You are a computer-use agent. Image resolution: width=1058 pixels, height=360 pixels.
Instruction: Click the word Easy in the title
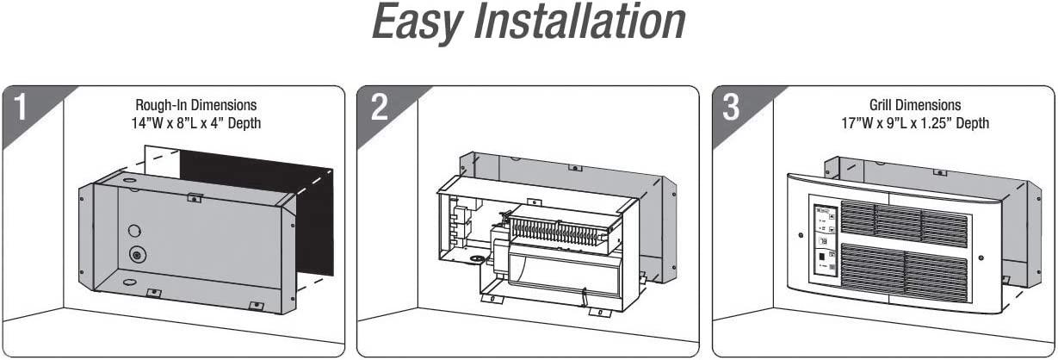point(417,23)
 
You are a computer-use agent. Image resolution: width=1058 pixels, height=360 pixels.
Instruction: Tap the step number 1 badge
point(21,108)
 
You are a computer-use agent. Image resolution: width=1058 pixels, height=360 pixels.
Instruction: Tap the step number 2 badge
point(380,108)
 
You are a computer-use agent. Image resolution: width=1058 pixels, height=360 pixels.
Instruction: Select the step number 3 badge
point(731,108)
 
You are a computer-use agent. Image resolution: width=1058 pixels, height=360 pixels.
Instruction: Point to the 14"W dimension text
point(145,123)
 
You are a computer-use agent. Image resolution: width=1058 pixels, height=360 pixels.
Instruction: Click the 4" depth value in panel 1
point(218,123)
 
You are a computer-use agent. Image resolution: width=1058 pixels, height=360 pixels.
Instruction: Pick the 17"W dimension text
point(855,123)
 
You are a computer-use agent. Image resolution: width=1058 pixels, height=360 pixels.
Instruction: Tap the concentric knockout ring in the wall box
point(138,255)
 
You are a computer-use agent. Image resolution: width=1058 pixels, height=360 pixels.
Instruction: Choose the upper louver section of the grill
point(904,223)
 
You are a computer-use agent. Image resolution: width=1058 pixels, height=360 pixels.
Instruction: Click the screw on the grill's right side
point(981,258)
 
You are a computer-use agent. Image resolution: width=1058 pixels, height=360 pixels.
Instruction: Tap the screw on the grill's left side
point(801,235)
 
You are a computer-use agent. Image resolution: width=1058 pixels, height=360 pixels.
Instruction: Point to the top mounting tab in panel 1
point(195,197)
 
